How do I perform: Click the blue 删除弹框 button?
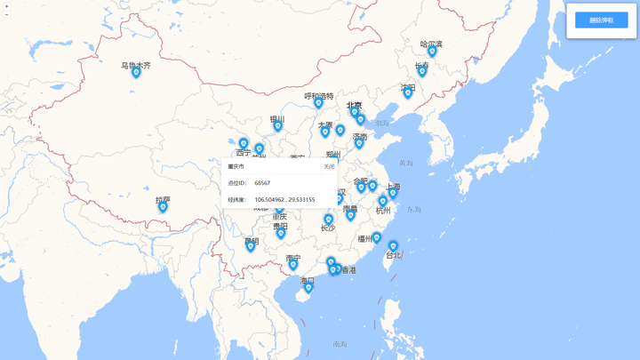(x=601, y=20)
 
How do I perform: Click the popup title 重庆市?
(x=236, y=166)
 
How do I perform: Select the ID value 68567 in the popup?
(x=262, y=183)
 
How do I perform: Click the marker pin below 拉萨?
(x=163, y=207)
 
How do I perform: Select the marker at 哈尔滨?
(x=432, y=52)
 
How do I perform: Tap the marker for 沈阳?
(x=408, y=93)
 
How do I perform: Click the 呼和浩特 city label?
(x=319, y=96)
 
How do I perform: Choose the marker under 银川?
(x=277, y=126)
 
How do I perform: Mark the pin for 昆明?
(x=251, y=246)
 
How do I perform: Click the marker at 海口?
(x=308, y=287)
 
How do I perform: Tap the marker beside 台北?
(x=393, y=246)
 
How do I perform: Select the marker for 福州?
(x=376, y=238)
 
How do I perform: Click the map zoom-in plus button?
(x=6, y=5)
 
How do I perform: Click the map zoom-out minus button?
(x=6, y=14)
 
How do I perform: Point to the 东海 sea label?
(x=414, y=210)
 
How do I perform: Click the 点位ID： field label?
(x=236, y=183)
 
